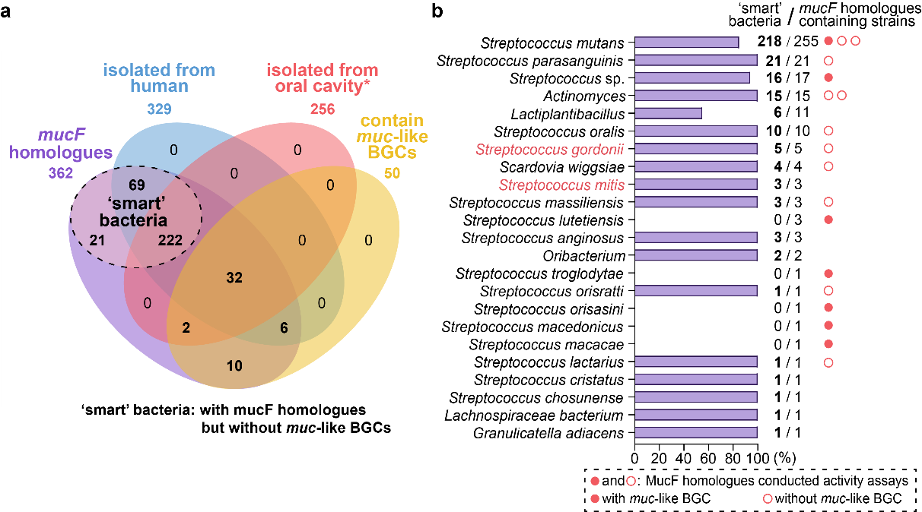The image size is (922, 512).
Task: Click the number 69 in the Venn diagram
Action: click(137, 185)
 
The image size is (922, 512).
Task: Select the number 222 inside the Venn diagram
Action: click(170, 240)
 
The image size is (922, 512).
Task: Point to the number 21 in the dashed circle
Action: click(97, 240)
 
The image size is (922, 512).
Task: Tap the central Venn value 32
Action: click(234, 278)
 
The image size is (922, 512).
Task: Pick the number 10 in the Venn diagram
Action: click(234, 366)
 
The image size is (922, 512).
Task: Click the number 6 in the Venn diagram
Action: click(284, 327)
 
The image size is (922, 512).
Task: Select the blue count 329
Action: click(159, 109)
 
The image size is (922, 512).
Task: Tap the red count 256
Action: click(323, 109)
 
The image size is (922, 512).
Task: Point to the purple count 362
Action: click(60, 173)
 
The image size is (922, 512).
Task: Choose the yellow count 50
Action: click(392, 174)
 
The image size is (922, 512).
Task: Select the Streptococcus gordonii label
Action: click(549, 150)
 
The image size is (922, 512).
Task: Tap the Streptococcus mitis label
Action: click(561, 185)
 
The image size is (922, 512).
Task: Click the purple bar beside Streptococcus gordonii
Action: click(695, 149)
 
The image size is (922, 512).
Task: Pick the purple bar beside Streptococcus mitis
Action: click(695, 185)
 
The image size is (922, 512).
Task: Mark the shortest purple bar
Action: click(668, 113)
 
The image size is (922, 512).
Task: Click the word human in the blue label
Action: click(159, 86)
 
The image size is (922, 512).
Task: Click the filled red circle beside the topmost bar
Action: click(828, 41)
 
